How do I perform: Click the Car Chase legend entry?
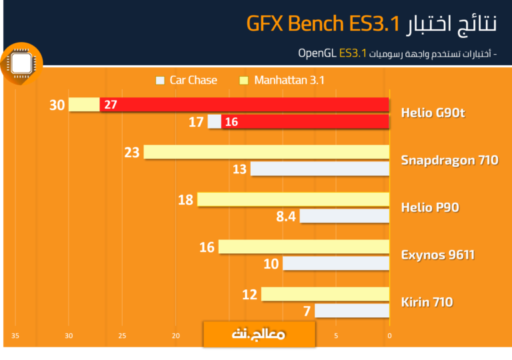187,80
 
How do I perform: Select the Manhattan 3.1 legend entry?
282,80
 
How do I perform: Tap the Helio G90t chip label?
433,113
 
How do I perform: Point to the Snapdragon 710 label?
449,160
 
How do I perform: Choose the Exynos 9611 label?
437,255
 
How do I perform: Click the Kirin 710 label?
427,302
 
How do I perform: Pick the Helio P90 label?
430,207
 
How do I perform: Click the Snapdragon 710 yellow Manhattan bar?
267,152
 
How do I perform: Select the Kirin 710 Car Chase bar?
352,311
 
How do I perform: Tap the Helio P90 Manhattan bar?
293,199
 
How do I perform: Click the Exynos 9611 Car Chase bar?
336,263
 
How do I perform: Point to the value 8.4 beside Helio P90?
286,216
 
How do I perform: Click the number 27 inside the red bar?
111,105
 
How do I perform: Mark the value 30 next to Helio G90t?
57,105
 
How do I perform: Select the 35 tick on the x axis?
15,335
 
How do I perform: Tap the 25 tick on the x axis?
122,335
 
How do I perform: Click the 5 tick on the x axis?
336,335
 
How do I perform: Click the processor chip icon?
21,63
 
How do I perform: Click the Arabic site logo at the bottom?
259,334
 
